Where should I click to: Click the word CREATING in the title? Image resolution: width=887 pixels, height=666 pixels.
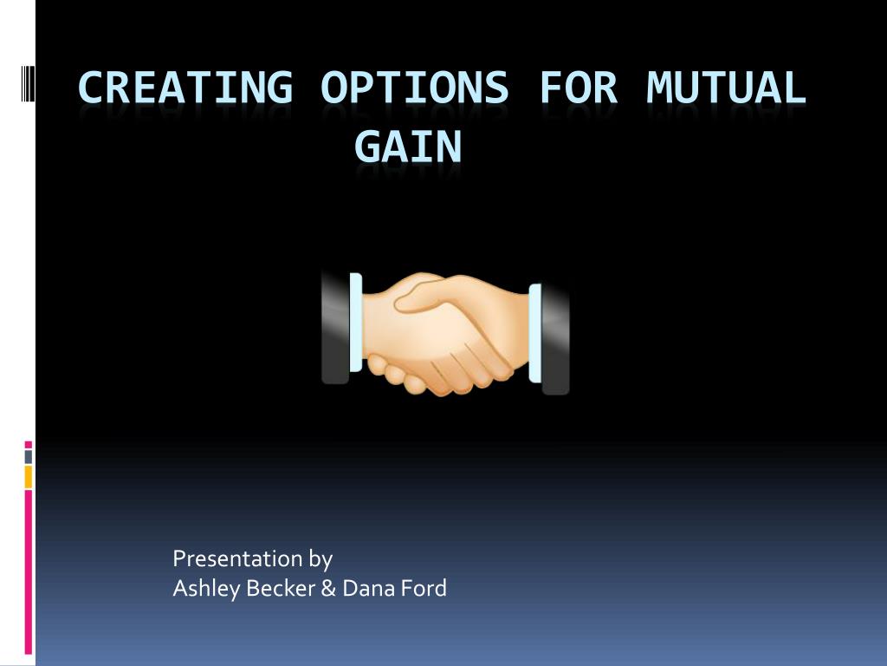(185, 88)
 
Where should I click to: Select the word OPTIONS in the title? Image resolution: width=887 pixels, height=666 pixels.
(415, 88)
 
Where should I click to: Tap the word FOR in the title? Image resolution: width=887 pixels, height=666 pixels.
(578, 88)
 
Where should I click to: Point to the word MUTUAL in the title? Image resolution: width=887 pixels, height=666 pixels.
(727, 88)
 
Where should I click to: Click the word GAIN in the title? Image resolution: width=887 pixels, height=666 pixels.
(408, 147)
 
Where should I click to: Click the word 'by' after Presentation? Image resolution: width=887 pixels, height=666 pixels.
(320, 559)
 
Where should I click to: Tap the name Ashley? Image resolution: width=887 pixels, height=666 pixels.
(206, 589)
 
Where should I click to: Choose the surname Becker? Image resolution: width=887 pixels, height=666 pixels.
(281, 589)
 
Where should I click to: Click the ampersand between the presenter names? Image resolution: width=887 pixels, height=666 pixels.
(328, 589)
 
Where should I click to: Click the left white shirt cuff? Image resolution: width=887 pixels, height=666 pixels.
(356, 323)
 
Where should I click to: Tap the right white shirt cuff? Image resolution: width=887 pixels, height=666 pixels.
(535, 333)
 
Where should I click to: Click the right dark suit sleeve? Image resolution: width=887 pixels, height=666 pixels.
(555, 338)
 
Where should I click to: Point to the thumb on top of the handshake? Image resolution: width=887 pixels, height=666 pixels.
(423, 295)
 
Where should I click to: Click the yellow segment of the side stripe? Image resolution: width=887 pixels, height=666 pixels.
(29, 477)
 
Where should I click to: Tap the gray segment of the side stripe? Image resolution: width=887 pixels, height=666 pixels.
(29, 457)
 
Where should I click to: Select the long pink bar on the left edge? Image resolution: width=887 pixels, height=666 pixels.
(29, 572)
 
